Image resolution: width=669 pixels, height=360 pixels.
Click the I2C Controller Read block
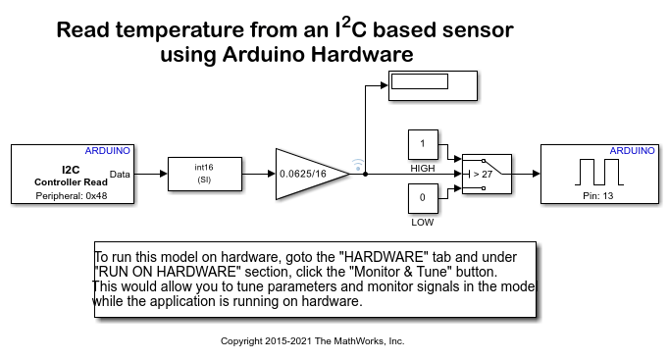click(73, 174)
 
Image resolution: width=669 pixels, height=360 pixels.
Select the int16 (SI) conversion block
click(205, 174)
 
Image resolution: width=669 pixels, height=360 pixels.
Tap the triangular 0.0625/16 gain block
click(312, 174)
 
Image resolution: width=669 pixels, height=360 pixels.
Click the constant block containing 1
click(423, 144)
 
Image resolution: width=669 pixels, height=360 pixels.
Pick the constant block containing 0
click(423, 198)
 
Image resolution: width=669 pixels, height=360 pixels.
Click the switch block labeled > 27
click(487, 174)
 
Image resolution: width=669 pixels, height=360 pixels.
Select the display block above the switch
click(433, 85)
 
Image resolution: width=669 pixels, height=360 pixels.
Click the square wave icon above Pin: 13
click(599, 172)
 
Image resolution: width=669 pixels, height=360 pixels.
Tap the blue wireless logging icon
click(358, 165)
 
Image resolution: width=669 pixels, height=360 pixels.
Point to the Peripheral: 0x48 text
click(72, 196)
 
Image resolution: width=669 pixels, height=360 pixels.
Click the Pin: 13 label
click(598, 196)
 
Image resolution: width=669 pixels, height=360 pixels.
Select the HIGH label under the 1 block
click(423, 169)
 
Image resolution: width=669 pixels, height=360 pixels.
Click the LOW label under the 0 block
click(423, 223)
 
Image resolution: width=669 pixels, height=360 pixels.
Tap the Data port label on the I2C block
click(120, 174)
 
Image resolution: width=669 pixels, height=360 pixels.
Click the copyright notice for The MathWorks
click(312, 341)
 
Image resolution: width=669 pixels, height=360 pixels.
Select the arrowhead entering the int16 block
click(164, 174)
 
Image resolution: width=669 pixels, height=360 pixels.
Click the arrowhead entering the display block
click(385, 85)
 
